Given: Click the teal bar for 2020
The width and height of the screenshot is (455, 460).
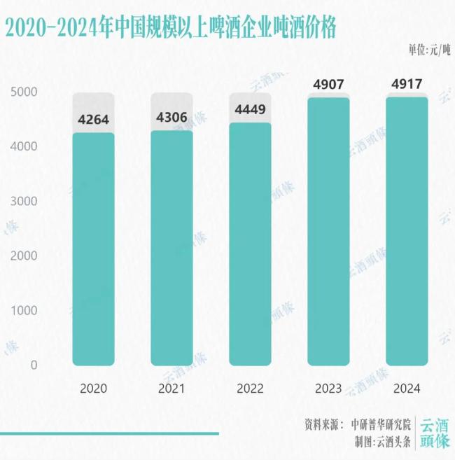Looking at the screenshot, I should (x=94, y=249).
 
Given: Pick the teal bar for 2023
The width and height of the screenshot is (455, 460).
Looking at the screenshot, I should (x=329, y=231).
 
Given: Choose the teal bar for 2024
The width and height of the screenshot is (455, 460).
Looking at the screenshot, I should (x=407, y=231).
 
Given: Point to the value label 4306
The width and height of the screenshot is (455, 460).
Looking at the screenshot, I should (x=171, y=117).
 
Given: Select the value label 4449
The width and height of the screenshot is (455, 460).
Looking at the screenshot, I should (x=250, y=110).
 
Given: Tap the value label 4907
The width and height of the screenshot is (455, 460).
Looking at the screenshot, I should (x=328, y=85).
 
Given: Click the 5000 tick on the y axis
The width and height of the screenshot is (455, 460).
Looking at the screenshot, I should (x=25, y=92).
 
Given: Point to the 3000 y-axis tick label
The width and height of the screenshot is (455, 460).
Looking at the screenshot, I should (x=25, y=202).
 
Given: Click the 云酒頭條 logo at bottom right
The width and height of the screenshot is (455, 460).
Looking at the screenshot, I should (x=434, y=433).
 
